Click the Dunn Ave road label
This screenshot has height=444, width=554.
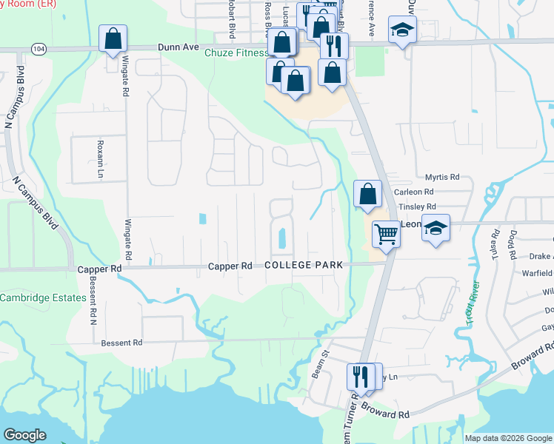(x=179, y=47)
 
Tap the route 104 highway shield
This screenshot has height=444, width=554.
(x=39, y=48)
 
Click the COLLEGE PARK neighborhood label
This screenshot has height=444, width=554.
(x=303, y=265)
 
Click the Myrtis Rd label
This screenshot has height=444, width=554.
(x=443, y=178)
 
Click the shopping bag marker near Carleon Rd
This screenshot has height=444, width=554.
(x=367, y=194)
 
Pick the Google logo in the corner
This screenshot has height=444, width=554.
(x=24, y=434)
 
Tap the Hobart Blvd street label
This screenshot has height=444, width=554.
(x=232, y=21)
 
